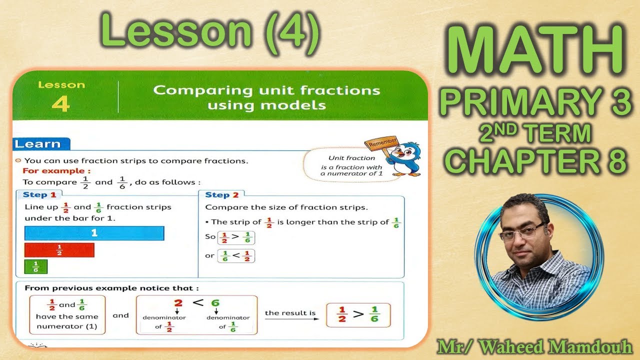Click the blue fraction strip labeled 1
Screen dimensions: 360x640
click(94, 233)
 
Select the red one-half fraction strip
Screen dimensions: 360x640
click(59, 250)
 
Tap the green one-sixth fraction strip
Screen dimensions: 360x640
click(36, 267)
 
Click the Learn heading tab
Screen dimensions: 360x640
click(38, 144)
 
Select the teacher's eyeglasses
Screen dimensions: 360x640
click(521, 231)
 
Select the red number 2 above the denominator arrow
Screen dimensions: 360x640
click(178, 303)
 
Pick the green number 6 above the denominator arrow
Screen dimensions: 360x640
click(215, 303)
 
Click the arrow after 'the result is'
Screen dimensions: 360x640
click(291, 319)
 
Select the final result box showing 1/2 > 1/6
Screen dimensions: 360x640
click(358, 315)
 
